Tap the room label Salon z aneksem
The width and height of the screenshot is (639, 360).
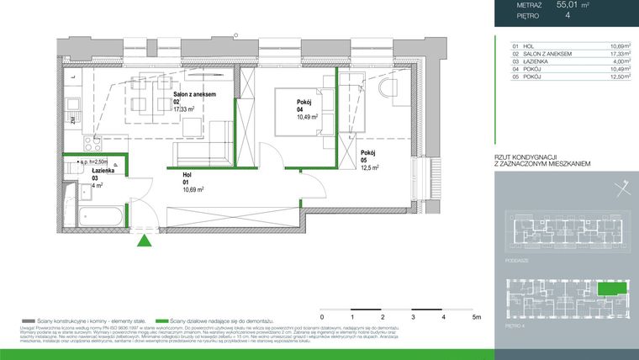tap(195, 95)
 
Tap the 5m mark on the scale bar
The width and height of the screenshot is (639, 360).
tap(476, 319)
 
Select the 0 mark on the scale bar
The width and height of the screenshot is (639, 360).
tap(322, 319)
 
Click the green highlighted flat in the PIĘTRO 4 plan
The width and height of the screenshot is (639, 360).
tap(611, 289)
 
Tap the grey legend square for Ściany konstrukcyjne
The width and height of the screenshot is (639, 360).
tap(29, 321)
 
